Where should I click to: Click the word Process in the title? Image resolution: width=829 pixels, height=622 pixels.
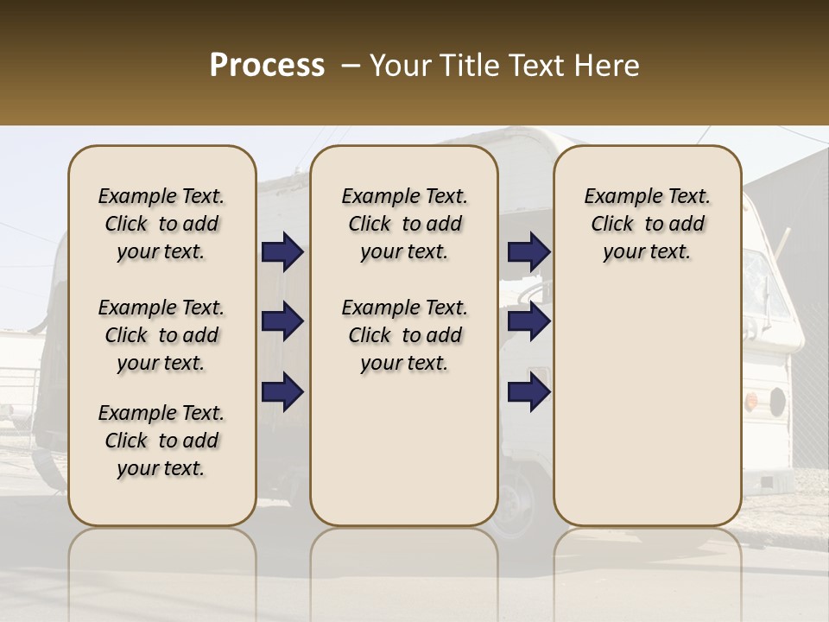267,66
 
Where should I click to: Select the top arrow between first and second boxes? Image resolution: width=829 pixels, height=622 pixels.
282,252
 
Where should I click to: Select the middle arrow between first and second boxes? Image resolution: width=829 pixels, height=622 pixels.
282,322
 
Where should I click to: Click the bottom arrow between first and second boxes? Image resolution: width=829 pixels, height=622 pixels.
282,391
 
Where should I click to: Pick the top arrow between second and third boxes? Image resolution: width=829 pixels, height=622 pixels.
528,252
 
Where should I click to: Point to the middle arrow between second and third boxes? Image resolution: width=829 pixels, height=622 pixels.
528,322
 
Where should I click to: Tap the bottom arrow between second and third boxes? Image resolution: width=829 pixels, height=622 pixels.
528,391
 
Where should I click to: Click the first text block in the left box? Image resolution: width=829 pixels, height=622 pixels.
161,225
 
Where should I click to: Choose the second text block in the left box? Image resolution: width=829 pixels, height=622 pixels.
161,335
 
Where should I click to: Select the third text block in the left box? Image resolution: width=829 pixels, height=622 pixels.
161,441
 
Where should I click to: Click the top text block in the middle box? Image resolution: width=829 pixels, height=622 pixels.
404,225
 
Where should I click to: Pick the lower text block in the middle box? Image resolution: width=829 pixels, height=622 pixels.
404,335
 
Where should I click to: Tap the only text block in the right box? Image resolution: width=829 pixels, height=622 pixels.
647,225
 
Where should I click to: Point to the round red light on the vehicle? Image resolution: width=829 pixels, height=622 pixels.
751,401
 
